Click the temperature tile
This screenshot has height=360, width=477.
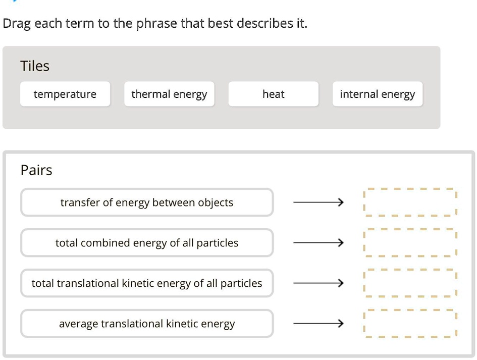65,94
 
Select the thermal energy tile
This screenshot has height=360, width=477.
169,94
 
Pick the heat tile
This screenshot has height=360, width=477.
273,94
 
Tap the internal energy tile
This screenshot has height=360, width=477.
377,94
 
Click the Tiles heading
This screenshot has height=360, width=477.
35,66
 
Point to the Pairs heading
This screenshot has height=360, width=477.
36,170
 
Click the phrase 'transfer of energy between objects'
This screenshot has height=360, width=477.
147,202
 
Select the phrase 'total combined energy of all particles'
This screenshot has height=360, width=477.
147,243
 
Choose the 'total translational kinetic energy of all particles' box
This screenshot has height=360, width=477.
147,283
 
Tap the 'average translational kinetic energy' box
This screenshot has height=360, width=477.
147,324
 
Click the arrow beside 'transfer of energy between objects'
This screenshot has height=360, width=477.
319,202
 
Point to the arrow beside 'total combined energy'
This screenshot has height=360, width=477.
319,243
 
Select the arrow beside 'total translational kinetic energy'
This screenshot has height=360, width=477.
319,283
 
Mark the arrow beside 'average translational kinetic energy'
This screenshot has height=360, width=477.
319,324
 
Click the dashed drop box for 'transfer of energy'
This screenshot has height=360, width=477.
409,202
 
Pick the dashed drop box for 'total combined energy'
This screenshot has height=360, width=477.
409,243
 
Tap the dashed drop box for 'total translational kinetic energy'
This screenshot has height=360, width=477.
409,283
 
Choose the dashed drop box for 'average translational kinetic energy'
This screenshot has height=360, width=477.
409,324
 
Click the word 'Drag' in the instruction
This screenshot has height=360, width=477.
17,23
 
